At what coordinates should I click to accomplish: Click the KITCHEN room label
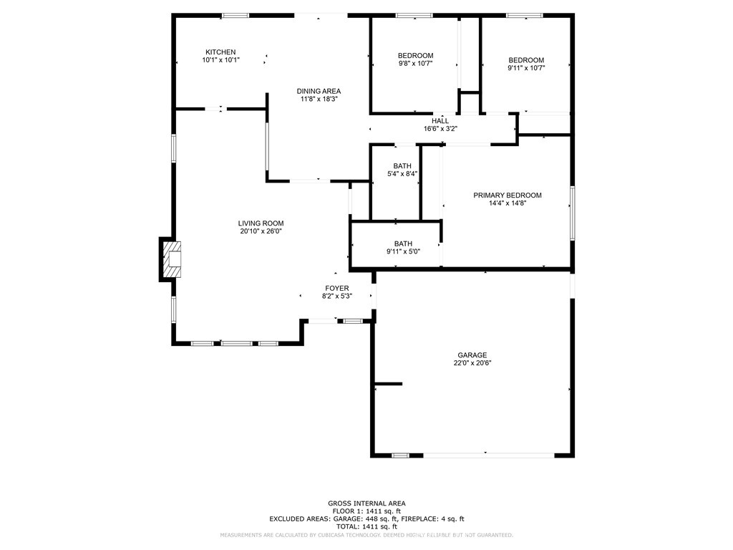tap(220, 52)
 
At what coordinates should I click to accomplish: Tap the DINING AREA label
tap(319, 91)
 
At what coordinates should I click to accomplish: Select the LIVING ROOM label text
tap(261, 223)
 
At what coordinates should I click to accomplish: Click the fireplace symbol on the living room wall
tap(171, 259)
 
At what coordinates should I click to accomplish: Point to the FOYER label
tap(336, 288)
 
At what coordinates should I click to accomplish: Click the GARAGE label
tap(472, 355)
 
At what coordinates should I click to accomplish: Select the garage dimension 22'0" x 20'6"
tap(472, 363)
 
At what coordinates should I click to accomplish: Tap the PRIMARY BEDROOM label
tap(508, 196)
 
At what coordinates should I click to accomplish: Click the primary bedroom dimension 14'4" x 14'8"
tap(508, 203)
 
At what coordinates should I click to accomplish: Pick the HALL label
tap(440, 121)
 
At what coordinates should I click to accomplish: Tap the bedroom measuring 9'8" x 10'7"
tap(415, 60)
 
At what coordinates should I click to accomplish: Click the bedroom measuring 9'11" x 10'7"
tap(526, 64)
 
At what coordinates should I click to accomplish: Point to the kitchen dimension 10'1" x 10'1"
tap(220, 60)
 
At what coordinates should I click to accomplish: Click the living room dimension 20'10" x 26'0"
tap(261, 231)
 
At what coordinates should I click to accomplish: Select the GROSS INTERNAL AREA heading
tap(366, 503)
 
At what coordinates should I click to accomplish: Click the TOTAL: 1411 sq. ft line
tap(366, 526)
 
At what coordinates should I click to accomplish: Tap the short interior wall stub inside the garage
tap(388, 385)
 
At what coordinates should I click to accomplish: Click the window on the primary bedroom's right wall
tap(572, 213)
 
